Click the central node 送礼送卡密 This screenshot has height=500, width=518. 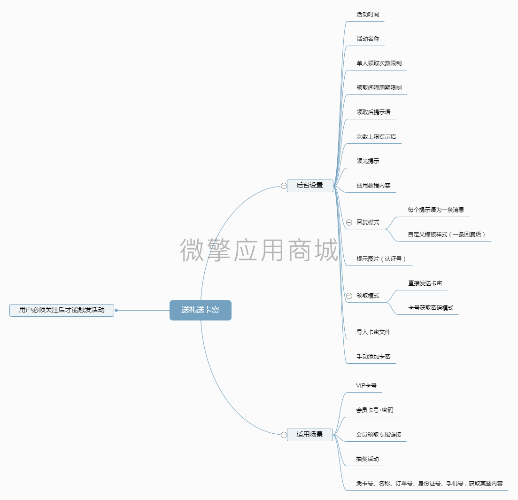click(x=200, y=310)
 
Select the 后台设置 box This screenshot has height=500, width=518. click(x=310, y=186)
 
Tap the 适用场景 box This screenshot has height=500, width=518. click(x=310, y=435)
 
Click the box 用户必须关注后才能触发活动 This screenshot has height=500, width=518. click(x=62, y=310)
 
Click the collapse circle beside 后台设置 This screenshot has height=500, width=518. click(x=284, y=186)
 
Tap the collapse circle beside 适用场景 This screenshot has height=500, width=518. click(x=284, y=435)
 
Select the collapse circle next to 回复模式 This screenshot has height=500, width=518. click(x=349, y=222)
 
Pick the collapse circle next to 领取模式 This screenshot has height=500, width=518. click(x=349, y=296)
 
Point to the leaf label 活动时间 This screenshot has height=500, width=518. click(x=368, y=15)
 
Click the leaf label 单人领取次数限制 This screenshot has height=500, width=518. click(x=379, y=63)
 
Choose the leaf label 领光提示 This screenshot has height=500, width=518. click(x=368, y=161)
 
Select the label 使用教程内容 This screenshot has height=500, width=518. click(x=373, y=186)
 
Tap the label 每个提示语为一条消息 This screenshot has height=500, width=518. click(x=436, y=210)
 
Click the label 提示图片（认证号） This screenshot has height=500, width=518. click(x=381, y=259)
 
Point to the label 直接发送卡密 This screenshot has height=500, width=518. click(x=425, y=283)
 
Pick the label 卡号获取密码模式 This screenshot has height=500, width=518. click(x=431, y=308)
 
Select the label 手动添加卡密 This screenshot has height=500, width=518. click(x=373, y=357)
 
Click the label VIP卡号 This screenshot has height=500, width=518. click(x=366, y=386)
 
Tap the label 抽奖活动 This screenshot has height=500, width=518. click(x=367, y=459)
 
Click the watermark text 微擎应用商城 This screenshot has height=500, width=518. click(x=259, y=250)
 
